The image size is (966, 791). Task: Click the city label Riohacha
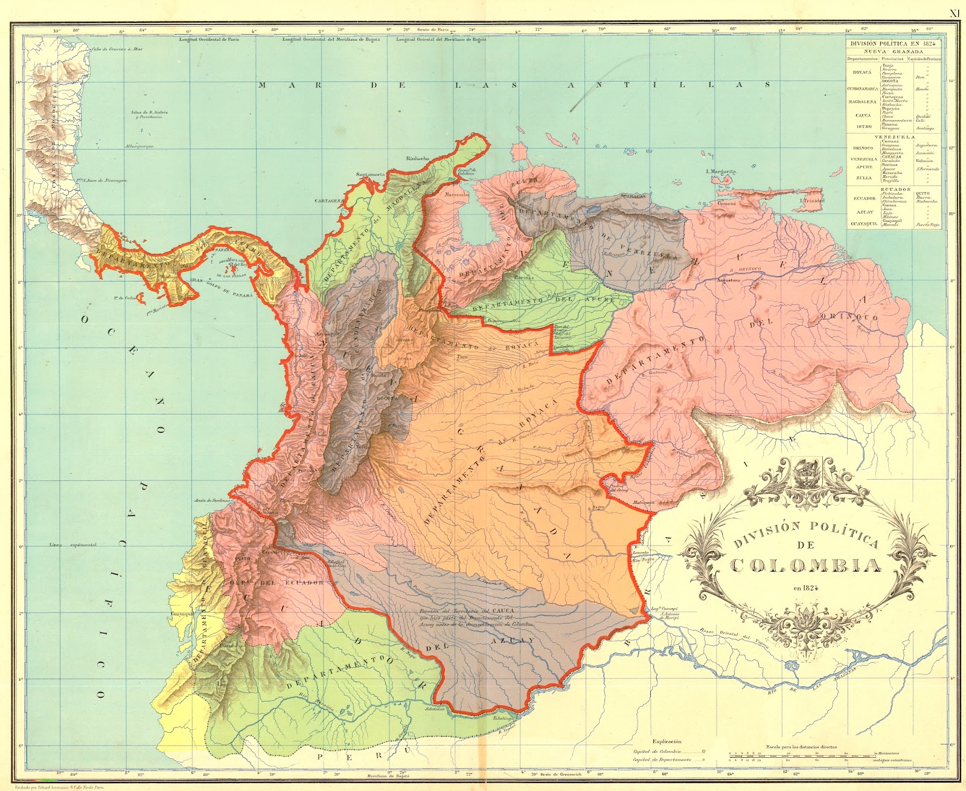coord(418,159)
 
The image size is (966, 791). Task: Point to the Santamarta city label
coord(370,175)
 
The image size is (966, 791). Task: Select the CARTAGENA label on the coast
coord(329,201)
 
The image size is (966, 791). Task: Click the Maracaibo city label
coord(457,195)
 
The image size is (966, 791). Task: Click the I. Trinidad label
coord(812,201)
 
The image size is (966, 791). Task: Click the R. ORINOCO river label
coord(745,270)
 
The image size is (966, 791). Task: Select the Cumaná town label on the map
coord(726,204)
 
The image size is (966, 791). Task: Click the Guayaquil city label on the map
coord(183,613)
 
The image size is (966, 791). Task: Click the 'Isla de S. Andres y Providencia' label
coord(150,114)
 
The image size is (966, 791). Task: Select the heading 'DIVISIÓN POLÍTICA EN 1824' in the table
coord(893,44)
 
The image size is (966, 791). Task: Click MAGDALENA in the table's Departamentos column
coord(862,102)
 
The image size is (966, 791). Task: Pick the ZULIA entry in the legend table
coord(863,178)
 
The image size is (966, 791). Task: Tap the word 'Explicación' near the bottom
coord(667,741)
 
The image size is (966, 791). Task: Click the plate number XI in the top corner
coord(955,13)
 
